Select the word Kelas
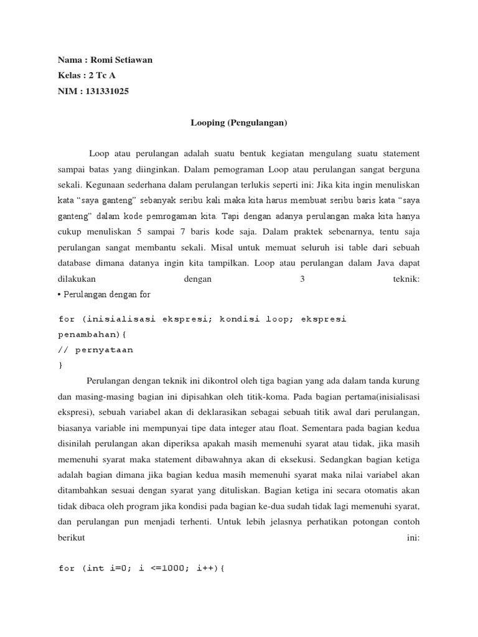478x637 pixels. coord(69,75)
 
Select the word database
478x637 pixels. coord(77,263)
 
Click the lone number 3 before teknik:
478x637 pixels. coord(302,279)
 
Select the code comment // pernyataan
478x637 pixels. coord(96,350)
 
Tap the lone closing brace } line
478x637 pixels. coord(60,365)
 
